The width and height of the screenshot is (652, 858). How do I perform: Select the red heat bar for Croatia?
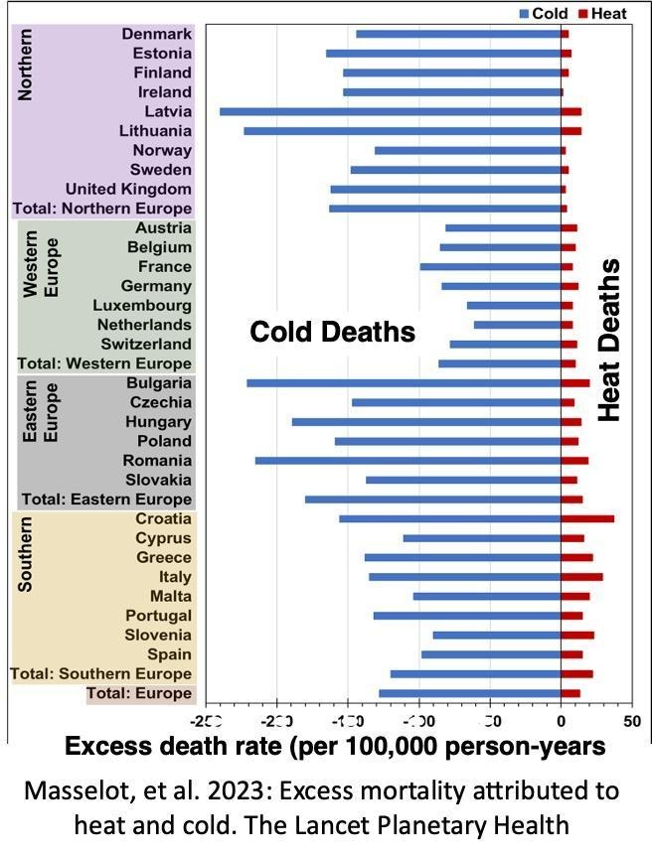point(587,518)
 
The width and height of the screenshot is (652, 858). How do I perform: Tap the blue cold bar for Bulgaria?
point(404,382)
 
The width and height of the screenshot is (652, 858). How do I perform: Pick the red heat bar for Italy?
point(581,577)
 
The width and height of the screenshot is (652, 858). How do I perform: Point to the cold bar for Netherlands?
point(517,325)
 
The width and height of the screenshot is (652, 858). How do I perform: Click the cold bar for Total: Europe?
point(469,693)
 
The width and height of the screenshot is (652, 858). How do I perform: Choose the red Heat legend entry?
point(605,13)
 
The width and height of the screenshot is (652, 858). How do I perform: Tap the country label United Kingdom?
point(128,189)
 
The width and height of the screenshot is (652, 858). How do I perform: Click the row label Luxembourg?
point(142,305)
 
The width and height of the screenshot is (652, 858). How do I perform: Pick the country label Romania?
point(157,461)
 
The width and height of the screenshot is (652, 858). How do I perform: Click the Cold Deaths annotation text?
point(332,332)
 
